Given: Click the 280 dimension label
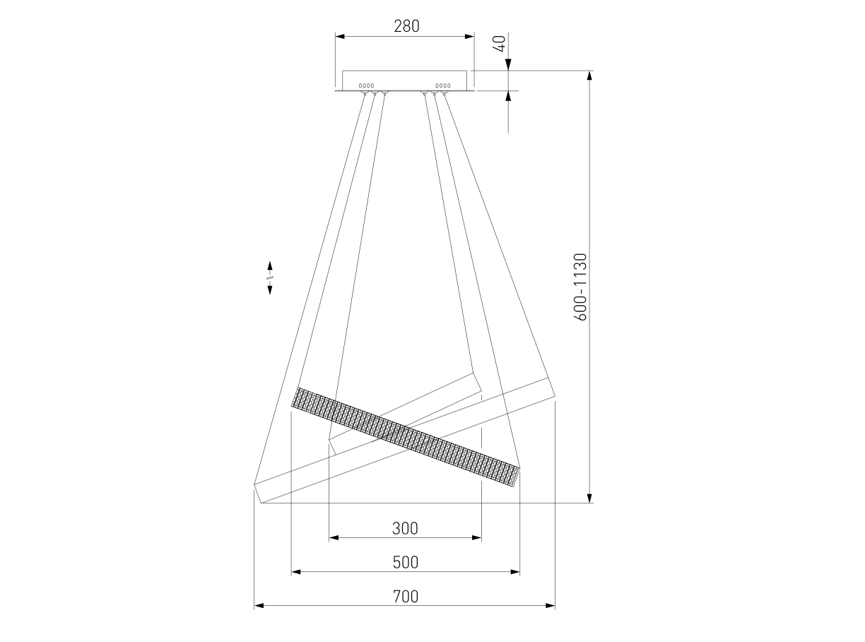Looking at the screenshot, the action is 406,26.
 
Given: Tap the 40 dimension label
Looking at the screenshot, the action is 499,43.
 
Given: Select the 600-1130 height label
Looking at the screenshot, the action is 580,287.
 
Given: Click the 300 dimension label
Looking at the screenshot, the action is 405,528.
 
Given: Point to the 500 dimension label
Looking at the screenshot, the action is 405,562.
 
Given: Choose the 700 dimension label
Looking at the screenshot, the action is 405,596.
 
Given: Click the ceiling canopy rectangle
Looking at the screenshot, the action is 404,81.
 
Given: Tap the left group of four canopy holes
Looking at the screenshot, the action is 366,86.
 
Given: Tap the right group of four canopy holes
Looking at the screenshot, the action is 442,86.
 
